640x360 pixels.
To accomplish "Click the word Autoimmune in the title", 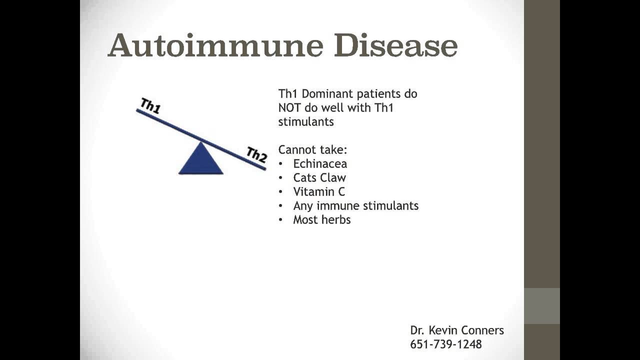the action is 215,45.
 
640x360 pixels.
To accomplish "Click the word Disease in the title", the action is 396,45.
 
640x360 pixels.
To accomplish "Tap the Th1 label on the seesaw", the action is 150,105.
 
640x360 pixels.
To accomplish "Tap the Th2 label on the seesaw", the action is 257,154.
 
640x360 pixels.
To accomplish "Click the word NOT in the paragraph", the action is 289,108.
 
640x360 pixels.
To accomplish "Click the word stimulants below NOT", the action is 306,122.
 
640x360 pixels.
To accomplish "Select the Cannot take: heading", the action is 313,149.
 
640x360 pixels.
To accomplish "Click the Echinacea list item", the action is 320,163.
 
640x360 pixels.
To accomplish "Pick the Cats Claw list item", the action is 319,177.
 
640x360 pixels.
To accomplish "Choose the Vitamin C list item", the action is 319,191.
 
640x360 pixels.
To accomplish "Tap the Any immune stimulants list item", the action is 356,205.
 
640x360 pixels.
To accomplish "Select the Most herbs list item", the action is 322,219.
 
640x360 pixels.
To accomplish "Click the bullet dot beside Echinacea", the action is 281,164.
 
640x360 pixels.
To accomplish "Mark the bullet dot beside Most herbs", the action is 281,220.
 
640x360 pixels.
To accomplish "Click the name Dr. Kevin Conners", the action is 457,330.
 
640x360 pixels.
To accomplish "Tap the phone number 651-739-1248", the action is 446,344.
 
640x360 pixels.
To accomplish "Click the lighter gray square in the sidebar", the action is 541,306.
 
